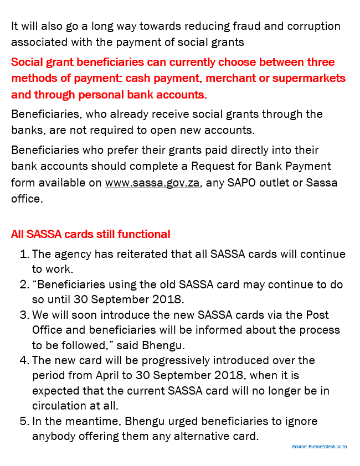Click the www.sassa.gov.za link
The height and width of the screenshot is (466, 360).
[x=152, y=183]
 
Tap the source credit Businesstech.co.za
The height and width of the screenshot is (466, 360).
[x=319, y=446]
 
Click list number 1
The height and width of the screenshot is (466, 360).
[x=24, y=255]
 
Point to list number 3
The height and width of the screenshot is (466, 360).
[x=24, y=315]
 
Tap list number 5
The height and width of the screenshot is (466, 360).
[x=24, y=421]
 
